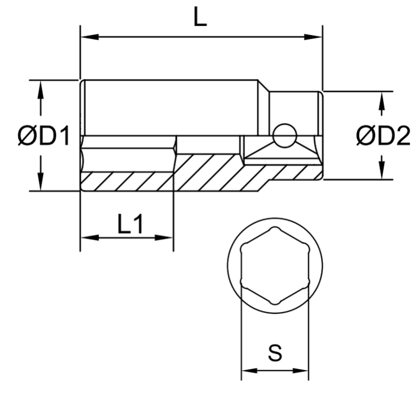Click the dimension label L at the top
pos(200,18)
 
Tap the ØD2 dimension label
pos(384,137)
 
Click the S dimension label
pos(275,354)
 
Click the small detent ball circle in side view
pos(285,136)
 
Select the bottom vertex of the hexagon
pos(275,303)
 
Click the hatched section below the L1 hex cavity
pos(127,181)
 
